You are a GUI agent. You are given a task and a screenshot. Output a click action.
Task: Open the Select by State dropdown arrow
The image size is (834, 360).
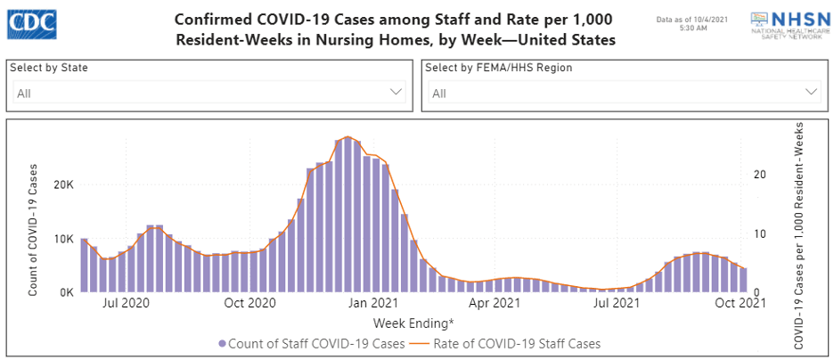[397, 92]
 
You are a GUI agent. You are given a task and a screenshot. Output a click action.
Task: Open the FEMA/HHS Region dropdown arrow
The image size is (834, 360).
[811, 92]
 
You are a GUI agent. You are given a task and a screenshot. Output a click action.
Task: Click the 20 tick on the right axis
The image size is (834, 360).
[759, 175]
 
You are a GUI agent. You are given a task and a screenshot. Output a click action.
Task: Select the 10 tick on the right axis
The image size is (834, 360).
[759, 233]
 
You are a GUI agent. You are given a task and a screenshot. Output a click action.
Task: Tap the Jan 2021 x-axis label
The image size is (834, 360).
[372, 304]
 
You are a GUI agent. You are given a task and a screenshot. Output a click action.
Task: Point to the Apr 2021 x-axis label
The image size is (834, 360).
[495, 304]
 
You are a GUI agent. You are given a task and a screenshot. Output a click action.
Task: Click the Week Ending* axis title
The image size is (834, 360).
[413, 322]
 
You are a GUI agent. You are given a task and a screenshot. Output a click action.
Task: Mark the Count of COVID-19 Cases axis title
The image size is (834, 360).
[33, 230]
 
